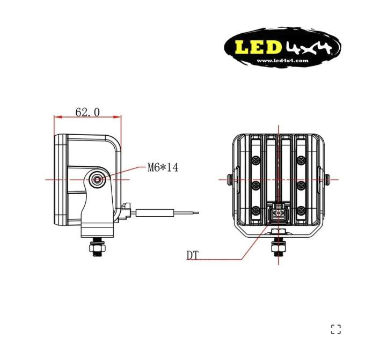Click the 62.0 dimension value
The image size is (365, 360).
click(87, 112)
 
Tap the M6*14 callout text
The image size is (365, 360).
click(163, 167)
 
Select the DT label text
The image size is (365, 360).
click(192, 255)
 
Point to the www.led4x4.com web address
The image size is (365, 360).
click(282, 61)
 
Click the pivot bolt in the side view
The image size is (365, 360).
click(97, 180)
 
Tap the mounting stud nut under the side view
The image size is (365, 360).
click(96, 247)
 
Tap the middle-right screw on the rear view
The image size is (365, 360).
click(301, 185)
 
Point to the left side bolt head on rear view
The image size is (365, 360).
click(230, 179)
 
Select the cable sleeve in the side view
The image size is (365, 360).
click(152, 212)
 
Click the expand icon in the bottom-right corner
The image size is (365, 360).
click(335, 329)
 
